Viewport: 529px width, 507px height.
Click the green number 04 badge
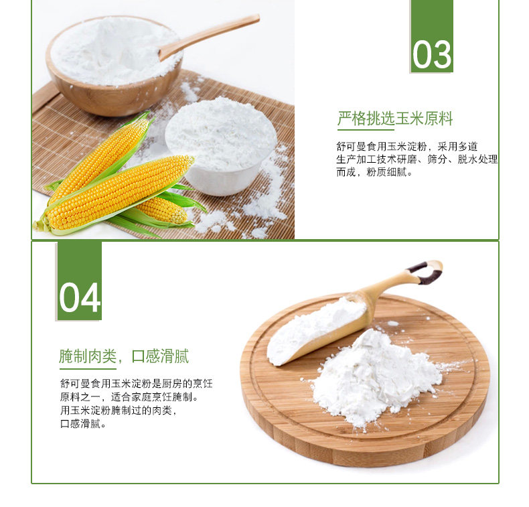(x=79, y=281)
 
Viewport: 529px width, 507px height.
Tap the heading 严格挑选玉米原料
(x=395, y=119)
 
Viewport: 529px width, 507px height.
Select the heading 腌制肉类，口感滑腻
(x=124, y=356)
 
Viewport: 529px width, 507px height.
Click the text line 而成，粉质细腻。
(x=374, y=172)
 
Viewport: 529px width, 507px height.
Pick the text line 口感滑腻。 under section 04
(x=83, y=424)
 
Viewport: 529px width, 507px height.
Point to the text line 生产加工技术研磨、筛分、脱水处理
(x=417, y=159)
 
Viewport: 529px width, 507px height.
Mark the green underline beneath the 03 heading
(x=366, y=130)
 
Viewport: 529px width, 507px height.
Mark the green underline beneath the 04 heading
(x=88, y=368)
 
